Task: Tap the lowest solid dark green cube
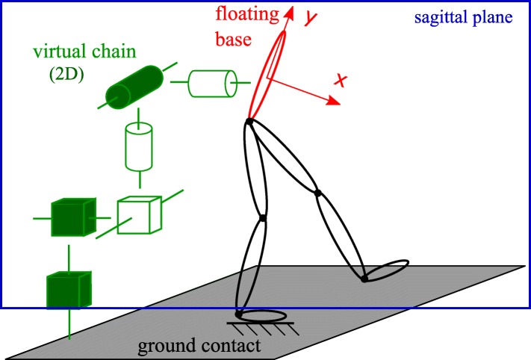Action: [68, 288]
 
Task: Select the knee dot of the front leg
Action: [317, 193]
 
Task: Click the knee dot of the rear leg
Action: [262, 218]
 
